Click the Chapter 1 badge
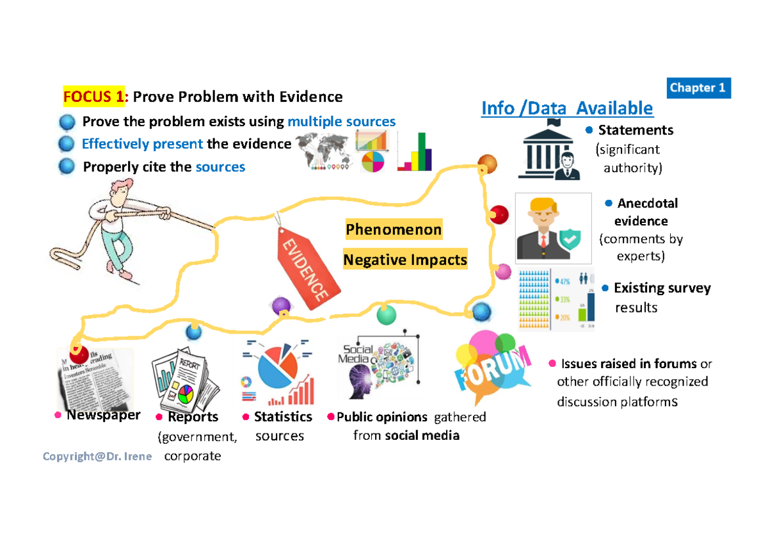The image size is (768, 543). (700, 88)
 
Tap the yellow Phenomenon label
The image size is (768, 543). (393, 229)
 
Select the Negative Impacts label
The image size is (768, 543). (404, 260)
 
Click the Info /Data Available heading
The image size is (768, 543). (567, 108)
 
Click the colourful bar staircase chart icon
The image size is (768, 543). (415, 152)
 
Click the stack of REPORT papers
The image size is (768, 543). (184, 381)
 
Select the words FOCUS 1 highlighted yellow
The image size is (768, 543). (93, 97)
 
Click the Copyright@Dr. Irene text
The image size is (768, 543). (97, 457)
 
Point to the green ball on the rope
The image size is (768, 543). (387, 314)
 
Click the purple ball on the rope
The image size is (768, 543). (280, 306)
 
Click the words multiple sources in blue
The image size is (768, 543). (341, 122)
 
